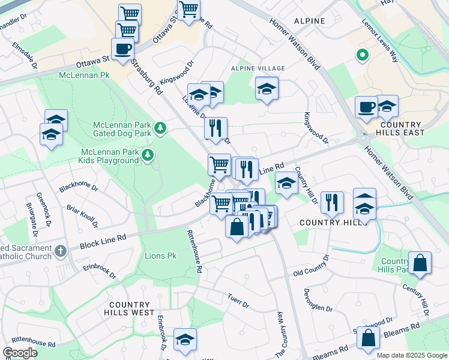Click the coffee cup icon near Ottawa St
click(122, 49)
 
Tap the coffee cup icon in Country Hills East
click(366, 107)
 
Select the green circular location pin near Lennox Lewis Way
click(362, 56)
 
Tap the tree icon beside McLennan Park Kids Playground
click(148, 156)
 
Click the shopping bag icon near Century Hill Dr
click(420, 263)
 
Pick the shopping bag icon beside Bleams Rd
click(368, 338)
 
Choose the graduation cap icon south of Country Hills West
click(185, 340)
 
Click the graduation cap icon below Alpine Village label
click(267, 89)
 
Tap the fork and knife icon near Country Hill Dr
click(331, 203)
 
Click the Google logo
click(19, 352)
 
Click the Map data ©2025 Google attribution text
click(412, 355)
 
